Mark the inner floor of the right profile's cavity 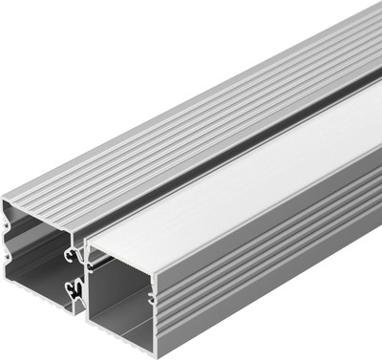tap(134, 339)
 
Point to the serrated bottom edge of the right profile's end tap(134, 351)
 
